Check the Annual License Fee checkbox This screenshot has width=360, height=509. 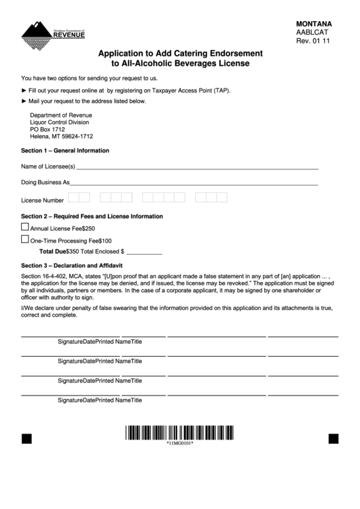point(25,228)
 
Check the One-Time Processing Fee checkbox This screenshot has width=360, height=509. point(25,239)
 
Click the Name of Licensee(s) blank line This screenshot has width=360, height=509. point(197,166)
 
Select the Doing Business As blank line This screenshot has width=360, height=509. point(194,183)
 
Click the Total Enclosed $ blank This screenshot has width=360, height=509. point(145,251)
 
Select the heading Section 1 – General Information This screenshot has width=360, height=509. point(65,150)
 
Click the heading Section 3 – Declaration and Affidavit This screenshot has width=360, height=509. point(71,265)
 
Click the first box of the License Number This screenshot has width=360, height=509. point(73,198)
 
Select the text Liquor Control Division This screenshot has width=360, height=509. point(60,122)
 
